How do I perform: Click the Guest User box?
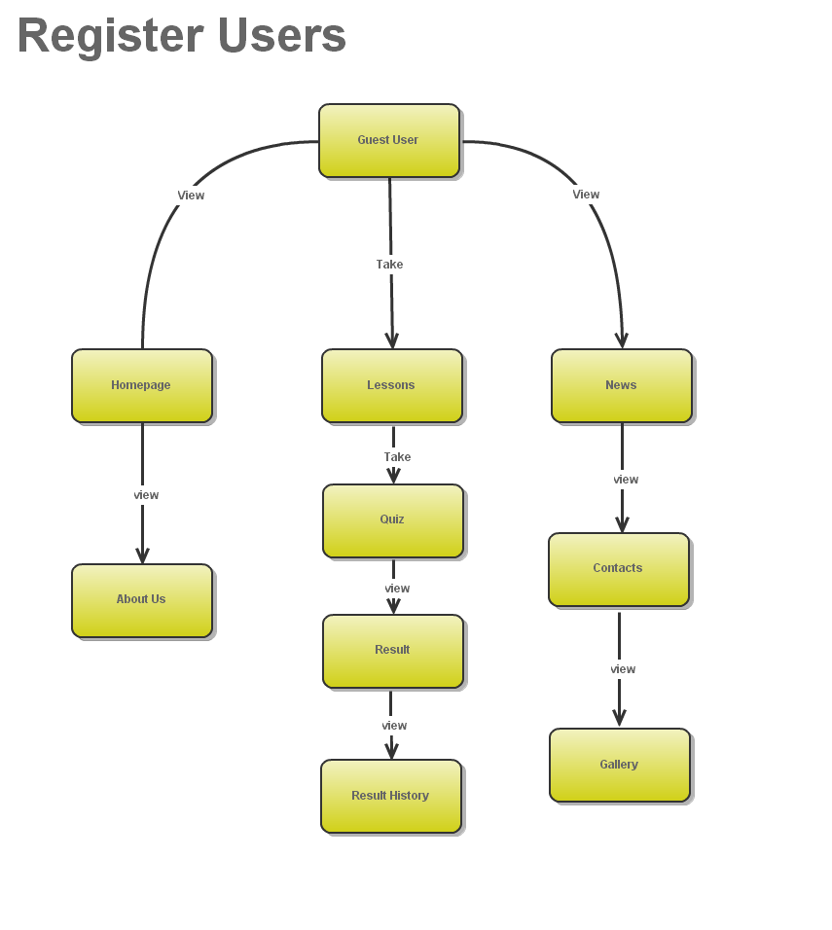[x=388, y=140]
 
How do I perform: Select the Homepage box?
[x=142, y=385]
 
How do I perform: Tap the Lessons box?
[x=391, y=385]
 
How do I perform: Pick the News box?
[x=621, y=385]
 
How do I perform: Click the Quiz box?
[x=392, y=520]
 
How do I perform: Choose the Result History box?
[x=390, y=796]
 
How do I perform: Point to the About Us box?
[x=142, y=600]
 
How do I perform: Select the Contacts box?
[x=618, y=569]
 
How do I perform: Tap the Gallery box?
[x=619, y=765]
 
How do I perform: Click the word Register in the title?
[x=110, y=36]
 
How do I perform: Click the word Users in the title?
[x=281, y=36]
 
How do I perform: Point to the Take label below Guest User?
[x=389, y=265]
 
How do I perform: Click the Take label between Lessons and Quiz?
[x=397, y=457]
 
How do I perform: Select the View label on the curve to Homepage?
[x=191, y=196]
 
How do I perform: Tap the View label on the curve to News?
[x=586, y=195]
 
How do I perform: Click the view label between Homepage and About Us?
[x=146, y=495]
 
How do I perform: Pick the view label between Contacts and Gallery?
[x=623, y=669]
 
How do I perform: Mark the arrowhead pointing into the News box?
[x=622, y=340]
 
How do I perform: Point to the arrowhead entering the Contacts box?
[x=622, y=524]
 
